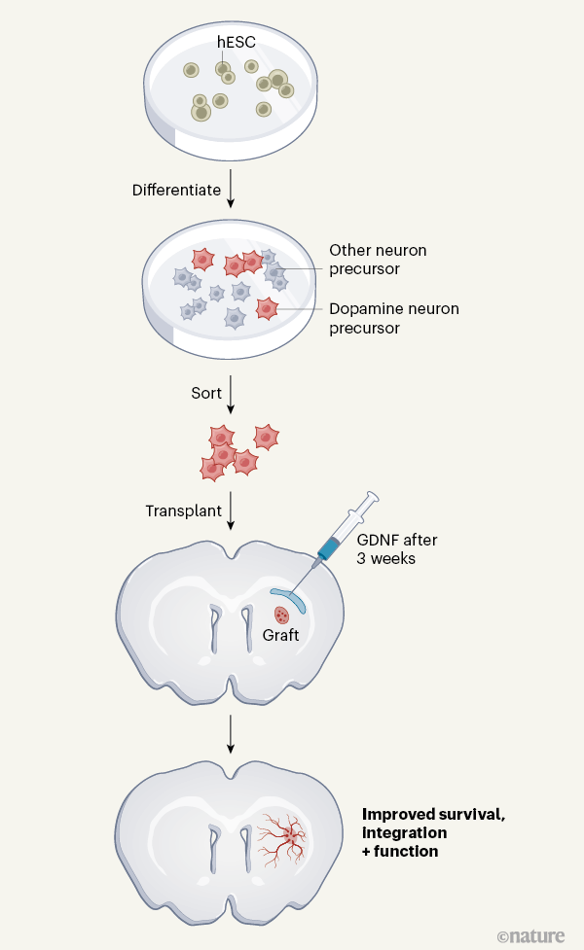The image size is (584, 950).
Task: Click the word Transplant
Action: pyautogui.click(x=183, y=510)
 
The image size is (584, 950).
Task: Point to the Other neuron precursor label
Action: pyautogui.click(x=378, y=260)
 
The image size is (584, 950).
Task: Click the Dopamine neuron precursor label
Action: pyautogui.click(x=393, y=319)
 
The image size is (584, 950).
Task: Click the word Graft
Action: pyautogui.click(x=280, y=636)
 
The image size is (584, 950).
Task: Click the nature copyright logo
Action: pyautogui.click(x=530, y=936)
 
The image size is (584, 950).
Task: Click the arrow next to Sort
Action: pyautogui.click(x=231, y=394)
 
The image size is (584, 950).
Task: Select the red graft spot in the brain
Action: pyautogui.click(x=282, y=615)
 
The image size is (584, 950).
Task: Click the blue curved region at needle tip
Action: pyautogui.click(x=289, y=597)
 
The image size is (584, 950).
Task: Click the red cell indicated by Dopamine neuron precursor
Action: pyautogui.click(x=267, y=309)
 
